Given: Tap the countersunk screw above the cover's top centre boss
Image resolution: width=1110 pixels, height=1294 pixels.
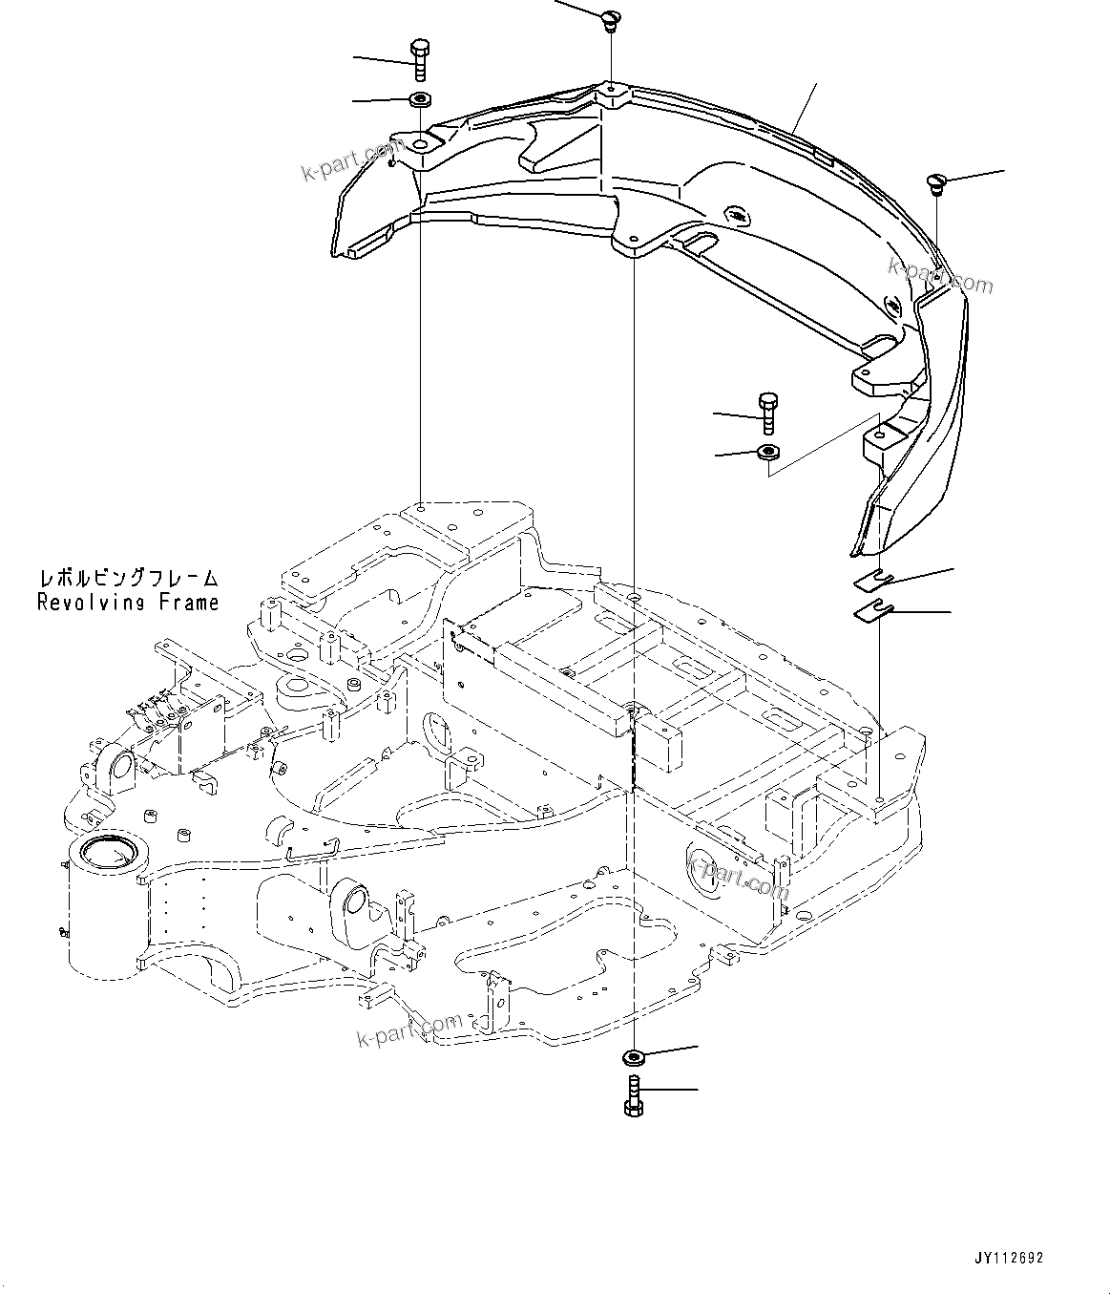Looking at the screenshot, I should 610,18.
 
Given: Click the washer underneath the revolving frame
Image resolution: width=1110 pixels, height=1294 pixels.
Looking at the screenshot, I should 633,1056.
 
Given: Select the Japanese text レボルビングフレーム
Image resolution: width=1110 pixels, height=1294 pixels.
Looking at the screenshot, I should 129,579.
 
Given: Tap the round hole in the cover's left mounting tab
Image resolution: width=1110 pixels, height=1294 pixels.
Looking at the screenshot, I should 421,146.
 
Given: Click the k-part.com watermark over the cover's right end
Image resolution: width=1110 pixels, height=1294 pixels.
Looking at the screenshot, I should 940,276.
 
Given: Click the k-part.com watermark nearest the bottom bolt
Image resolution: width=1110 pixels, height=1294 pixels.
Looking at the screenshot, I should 410,1030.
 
